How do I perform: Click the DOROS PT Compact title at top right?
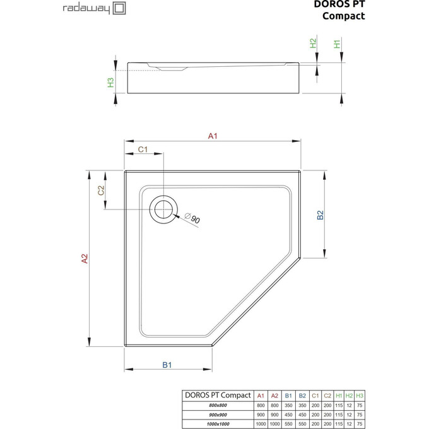click(339, 11)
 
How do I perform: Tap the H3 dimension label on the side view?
click(110, 82)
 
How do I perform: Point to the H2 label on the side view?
click(313, 44)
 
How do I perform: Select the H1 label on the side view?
click(338, 44)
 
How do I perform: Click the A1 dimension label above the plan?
click(213, 136)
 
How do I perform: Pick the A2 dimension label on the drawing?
click(84, 258)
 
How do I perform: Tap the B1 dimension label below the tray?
click(167, 365)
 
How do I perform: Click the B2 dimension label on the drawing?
click(320, 214)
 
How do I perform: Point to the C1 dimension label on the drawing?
click(143, 150)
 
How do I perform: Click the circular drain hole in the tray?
click(164, 208)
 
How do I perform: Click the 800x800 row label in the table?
click(217, 404)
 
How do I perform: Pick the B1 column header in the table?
click(288, 395)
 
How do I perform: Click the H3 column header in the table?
click(360, 395)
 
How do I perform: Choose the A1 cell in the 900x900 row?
click(261, 414)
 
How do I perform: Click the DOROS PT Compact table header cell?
click(217, 395)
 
